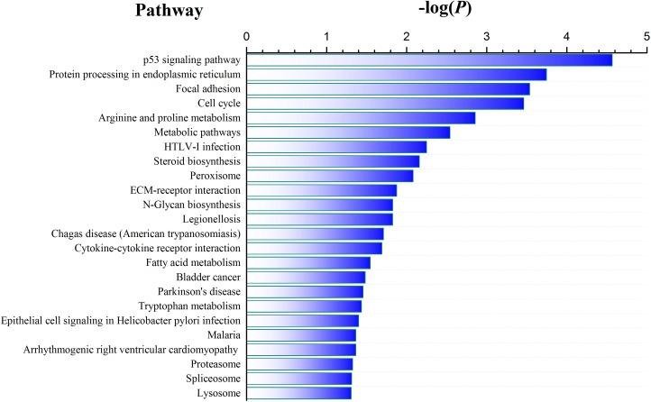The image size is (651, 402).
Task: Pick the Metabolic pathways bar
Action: [x=348, y=132]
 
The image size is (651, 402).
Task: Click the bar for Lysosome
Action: [x=298, y=393]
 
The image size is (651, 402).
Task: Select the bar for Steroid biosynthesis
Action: [x=333, y=161]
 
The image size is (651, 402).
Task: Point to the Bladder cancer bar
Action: [x=306, y=277]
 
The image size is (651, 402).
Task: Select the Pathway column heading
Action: [x=169, y=11]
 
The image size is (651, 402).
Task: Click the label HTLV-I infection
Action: [x=197, y=147]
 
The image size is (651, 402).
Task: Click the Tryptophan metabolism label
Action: [x=189, y=306]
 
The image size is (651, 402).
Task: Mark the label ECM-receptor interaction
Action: [x=186, y=190]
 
